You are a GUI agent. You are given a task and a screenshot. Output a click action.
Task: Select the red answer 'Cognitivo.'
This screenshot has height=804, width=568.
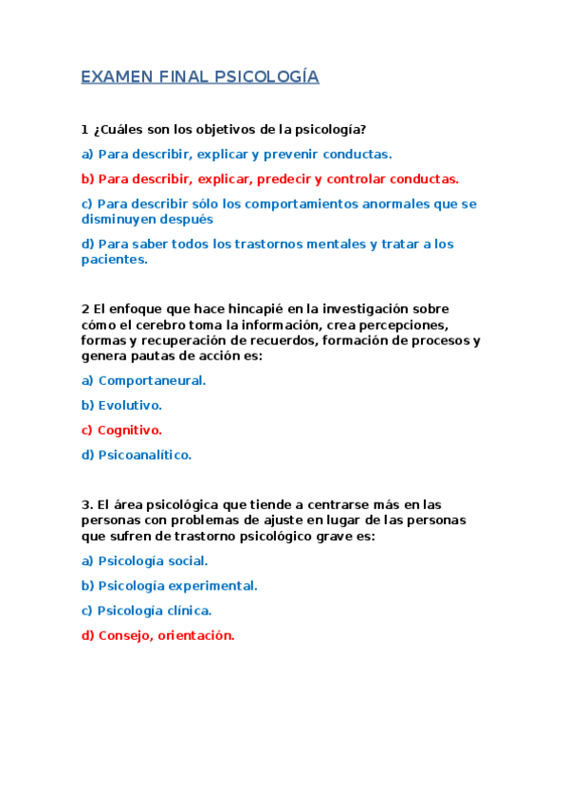[130, 429]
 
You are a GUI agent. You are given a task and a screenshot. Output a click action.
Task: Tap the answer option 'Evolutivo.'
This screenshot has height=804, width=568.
[130, 405]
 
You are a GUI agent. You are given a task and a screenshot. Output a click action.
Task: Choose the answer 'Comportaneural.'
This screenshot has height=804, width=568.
[152, 380]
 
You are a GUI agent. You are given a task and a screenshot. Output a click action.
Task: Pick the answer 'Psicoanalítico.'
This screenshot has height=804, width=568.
[144, 454]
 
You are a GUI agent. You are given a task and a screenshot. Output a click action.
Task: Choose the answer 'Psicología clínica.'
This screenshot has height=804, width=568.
[155, 611]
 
